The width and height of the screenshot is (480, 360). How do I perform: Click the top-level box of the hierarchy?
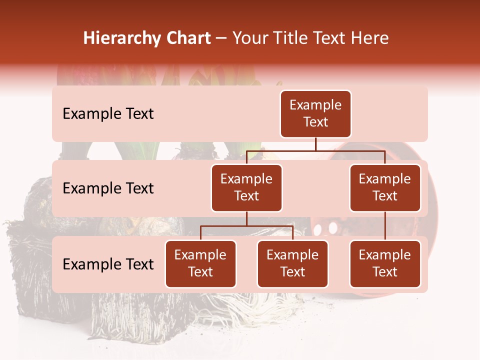pyautogui.click(x=315, y=114)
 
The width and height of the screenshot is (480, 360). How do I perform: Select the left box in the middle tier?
pyautogui.click(x=246, y=188)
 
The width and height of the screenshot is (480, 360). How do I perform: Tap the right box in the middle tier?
pyautogui.click(x=385, y=188)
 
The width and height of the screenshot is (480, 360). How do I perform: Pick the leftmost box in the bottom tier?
pyautogui.click(x=200, y=264)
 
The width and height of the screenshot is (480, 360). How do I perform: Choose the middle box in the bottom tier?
pyautogui.click(x=292, y=264)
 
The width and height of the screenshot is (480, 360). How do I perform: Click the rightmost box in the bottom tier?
pyautogui.click(x=385, y=264)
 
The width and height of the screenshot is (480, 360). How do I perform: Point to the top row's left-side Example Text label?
pyautogui.click(x=108, y=114)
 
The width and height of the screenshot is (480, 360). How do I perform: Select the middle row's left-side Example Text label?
pyautogui.click(x=108, y=188)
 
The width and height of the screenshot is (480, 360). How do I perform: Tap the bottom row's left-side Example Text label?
pyautogui.click(x=108, y=264)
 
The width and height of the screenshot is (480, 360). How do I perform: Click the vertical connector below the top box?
pyautogui.click(x=315, y=144)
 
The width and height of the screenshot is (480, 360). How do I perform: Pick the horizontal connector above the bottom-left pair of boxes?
pyautogui.click(x=246, y=226)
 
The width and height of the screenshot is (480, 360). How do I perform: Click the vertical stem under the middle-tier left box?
pyautogui.click(x=246, y=219)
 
